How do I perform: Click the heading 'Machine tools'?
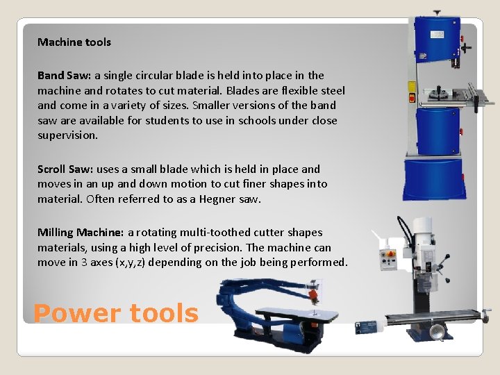(x=74, y=42)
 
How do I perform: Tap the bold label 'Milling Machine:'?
(x=81, y=233)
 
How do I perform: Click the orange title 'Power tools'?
(x=115, y=313)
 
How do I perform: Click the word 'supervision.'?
(x=68, y=136)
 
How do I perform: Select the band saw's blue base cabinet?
(x=435, y=181)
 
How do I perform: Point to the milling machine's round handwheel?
(x=436, y=333)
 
